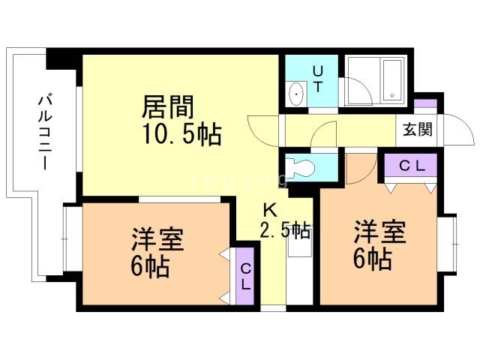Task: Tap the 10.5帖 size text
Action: (x=182, y=135)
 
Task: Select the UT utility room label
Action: (x=318, y=78)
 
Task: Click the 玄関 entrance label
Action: (x=417, y=129)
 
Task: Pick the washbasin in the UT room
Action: (x=296, y=95)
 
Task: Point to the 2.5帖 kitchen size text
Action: (x=285, y=230)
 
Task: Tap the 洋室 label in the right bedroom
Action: (x=379, y=231)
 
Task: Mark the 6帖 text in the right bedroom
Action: (x=372, y=258)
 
